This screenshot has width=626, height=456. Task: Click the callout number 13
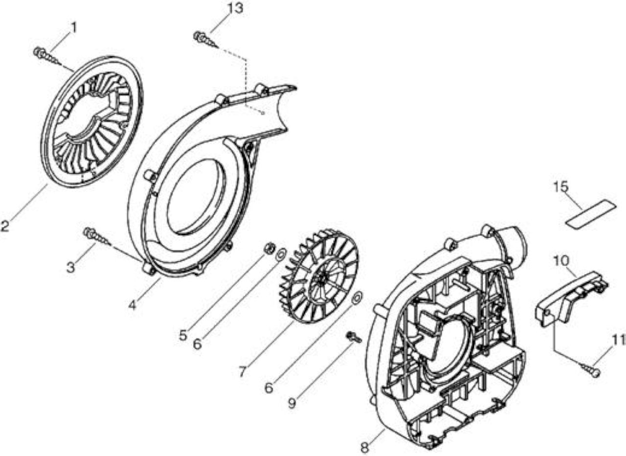(x=235, y=8)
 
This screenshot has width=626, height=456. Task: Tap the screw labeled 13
(x=206, y=40)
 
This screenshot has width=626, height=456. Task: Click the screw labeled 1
(x=47, y=56)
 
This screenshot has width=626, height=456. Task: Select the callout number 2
(x=4, y=226)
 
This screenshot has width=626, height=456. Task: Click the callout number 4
(x=132, y=305)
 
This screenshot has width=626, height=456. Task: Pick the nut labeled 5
(x=269, y=248)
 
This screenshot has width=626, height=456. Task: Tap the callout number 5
(x=183, y=336)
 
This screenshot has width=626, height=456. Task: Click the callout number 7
(x=242, y=371)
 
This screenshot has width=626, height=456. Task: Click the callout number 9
(x=292, y=403)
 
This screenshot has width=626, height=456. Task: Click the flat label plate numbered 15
(x=591, y=214)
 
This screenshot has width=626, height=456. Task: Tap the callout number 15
(x=561, y=187)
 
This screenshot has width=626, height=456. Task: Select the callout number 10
(x=561, y=261)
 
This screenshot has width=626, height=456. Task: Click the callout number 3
(x=71, y=268)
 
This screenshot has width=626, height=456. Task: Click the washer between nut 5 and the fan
(x=281, y=253)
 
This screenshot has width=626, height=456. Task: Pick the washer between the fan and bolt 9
(x=357, y=299)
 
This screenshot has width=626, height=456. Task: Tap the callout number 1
(x=73, y=27)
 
